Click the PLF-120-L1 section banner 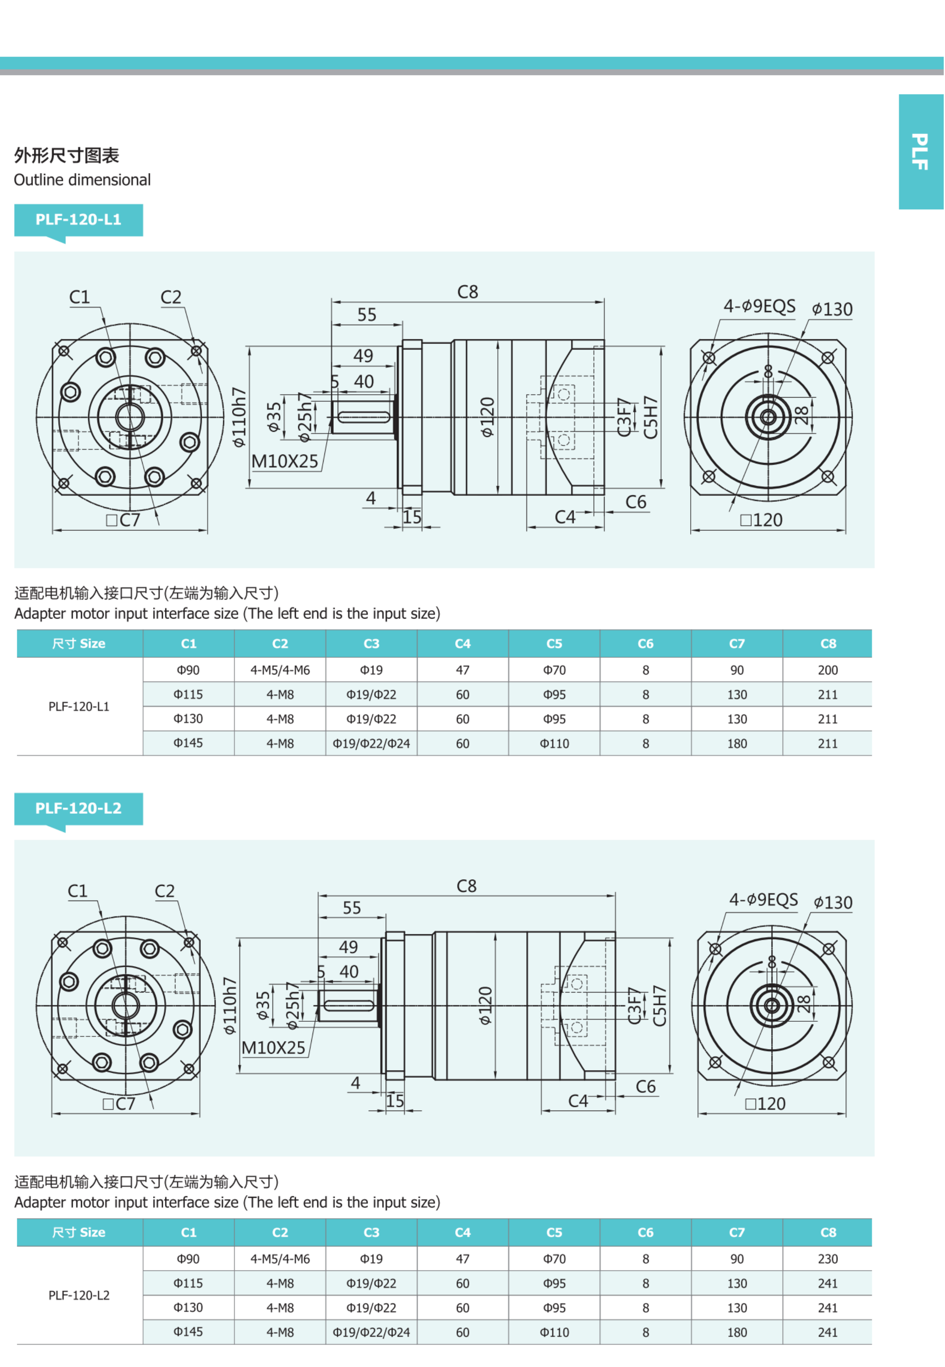click(78, 220)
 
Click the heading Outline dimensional click(82, 180)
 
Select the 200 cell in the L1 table click(827, 670)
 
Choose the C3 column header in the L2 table click(371, 1232)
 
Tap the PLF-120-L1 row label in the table click(79, 707)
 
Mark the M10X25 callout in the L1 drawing click(285, 462)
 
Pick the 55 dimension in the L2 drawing click(352, 908)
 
